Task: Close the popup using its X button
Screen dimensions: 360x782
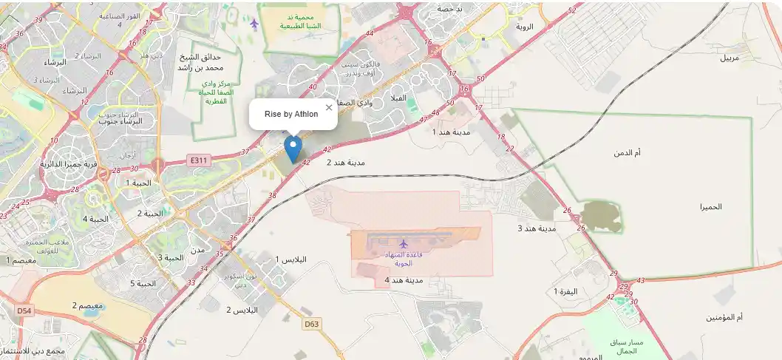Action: (329, 108)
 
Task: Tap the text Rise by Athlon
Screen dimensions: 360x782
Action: (291, 114)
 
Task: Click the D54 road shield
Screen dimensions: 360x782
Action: (24, 311)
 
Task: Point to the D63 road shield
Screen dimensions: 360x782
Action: (312, 324)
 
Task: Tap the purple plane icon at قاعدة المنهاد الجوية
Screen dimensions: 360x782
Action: (403, 243)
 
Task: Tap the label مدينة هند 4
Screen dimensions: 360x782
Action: (404, 280)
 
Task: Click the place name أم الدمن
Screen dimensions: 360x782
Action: (627, 152)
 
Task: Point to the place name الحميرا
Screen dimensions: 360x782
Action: (711, 207)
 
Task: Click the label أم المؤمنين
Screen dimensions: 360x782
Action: (724, 317)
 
